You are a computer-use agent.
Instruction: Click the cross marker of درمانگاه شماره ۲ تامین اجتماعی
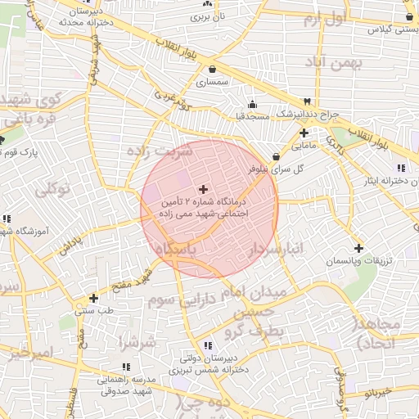point(204,189)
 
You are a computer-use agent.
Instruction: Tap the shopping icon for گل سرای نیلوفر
point(275,157)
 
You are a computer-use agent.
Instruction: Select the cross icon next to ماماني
point(304,133)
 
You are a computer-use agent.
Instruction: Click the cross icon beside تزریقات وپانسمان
point(358,248)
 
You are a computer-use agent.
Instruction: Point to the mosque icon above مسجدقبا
point(252,104)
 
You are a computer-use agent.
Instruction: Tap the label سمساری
point(213,83)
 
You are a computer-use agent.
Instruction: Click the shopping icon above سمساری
point(213,70)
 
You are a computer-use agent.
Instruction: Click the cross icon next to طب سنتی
point(94,299)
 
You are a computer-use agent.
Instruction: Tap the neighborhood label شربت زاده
point(159,151)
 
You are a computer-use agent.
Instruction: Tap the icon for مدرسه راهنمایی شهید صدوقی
point(125,367)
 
